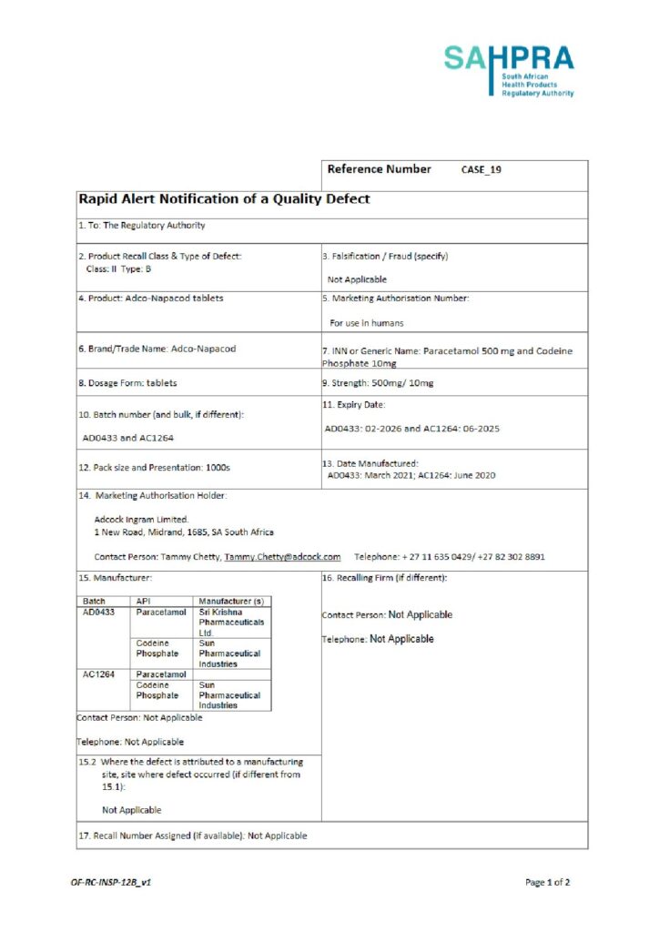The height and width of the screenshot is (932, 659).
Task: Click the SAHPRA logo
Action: point(509,71)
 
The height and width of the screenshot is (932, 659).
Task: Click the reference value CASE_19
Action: point(482,170)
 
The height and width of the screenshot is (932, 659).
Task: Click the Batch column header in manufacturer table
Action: point(94,602)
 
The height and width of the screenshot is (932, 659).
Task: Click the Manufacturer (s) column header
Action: point(230,602)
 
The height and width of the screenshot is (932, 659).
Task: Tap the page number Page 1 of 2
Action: point(547,882)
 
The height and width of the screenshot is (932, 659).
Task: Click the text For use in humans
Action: point(367,323)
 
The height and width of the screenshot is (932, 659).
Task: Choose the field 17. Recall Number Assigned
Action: point(192,836)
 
